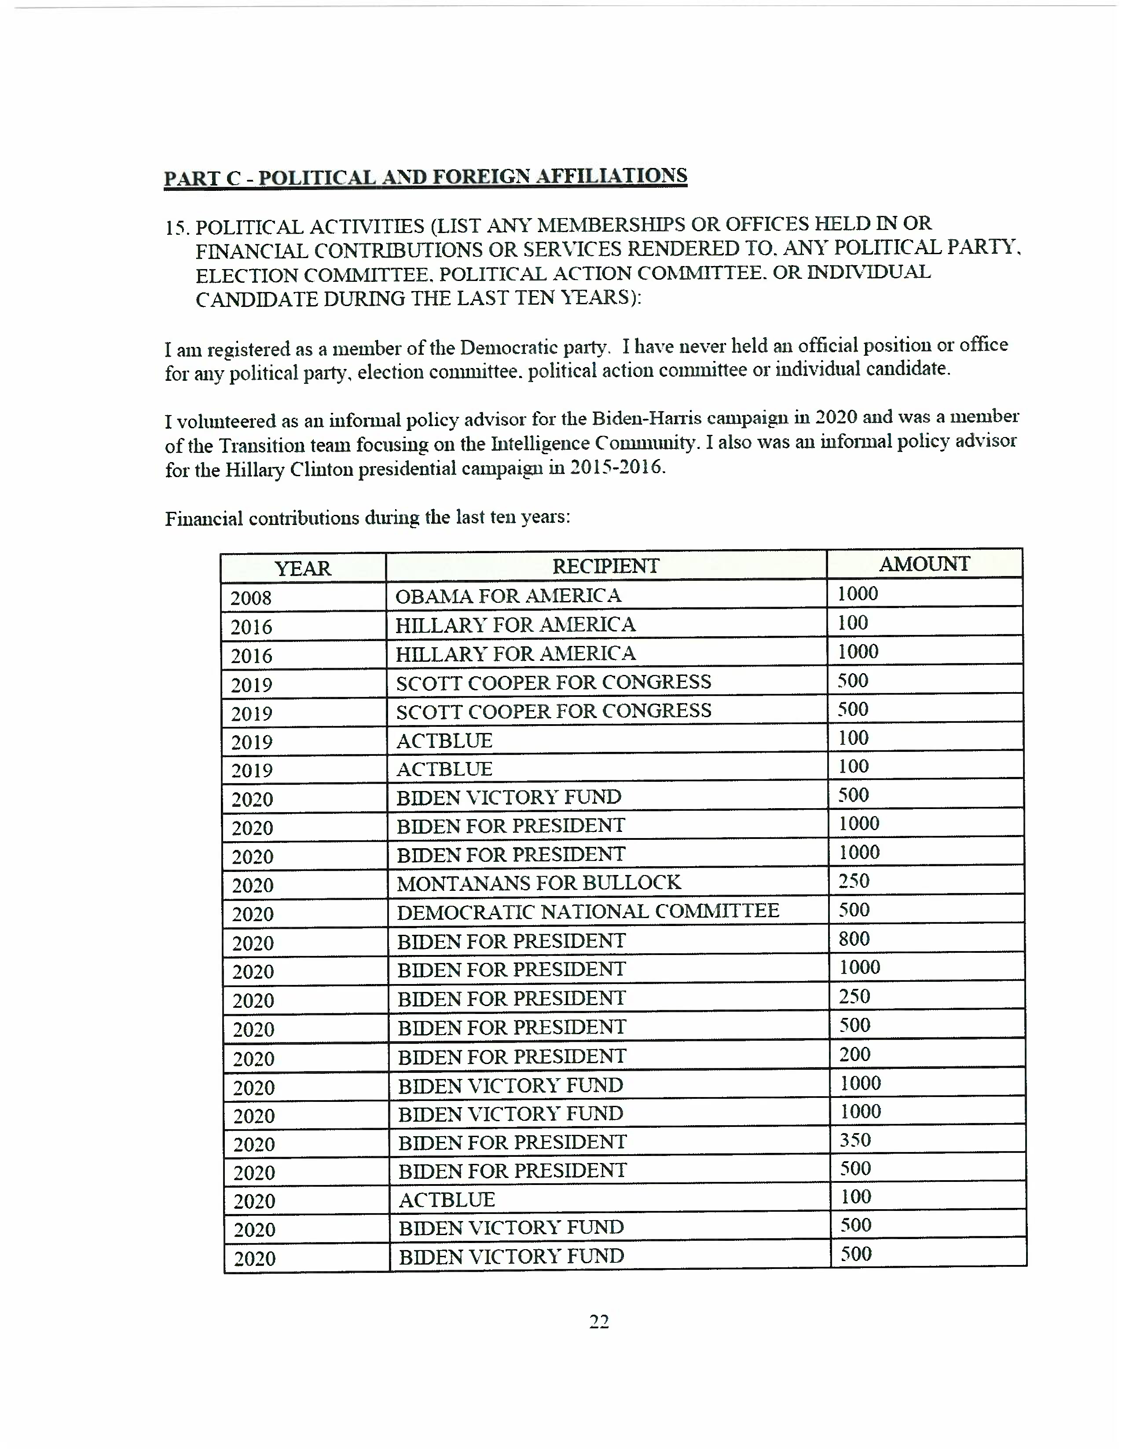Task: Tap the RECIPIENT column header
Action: (x=605, y=566)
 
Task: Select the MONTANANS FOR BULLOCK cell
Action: (x=539, y=883)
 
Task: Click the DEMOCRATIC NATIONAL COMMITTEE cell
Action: (x=587, y=911)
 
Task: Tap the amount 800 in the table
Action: (x=854, y=939)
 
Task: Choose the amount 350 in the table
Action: (x=855, y=1140)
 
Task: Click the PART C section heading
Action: (x=425, y=177)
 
